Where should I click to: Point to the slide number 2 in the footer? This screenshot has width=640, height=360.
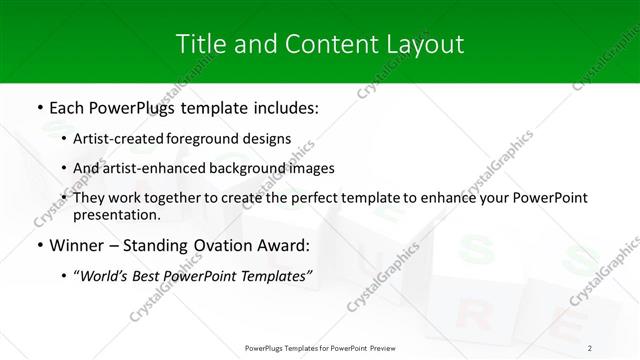tap(590, 347)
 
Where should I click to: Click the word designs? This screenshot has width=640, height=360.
tap(270, 139)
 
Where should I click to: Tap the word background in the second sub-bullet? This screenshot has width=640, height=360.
tap(238, 168)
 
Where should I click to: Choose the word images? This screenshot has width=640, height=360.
tap(312, 168)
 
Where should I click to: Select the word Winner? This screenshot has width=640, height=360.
tap(76, 246)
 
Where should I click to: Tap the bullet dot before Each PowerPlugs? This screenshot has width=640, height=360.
tap(38, 106)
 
